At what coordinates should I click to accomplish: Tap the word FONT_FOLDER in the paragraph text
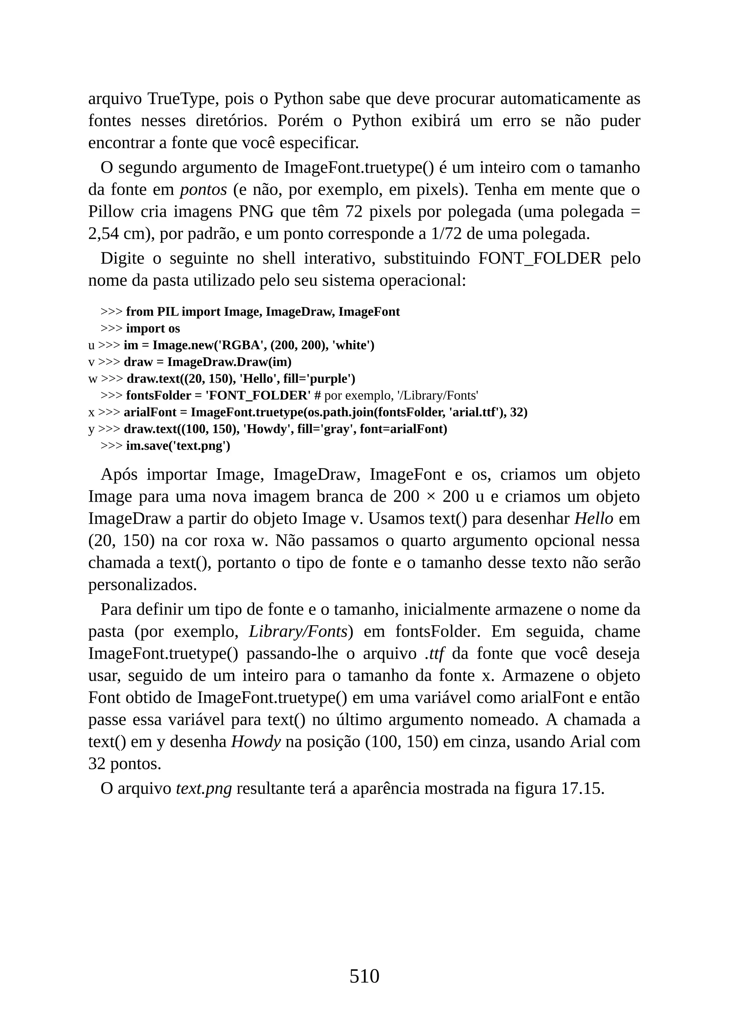(x=540, y=259)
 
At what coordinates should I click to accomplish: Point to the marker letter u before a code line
(x=91, y=345)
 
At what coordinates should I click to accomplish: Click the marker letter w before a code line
(x=93, y=379)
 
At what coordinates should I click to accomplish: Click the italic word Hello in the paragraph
(x=594, y=519)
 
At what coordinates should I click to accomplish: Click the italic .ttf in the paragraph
(x=434, y=654)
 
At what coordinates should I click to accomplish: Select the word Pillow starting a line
(x=110, y=212)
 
